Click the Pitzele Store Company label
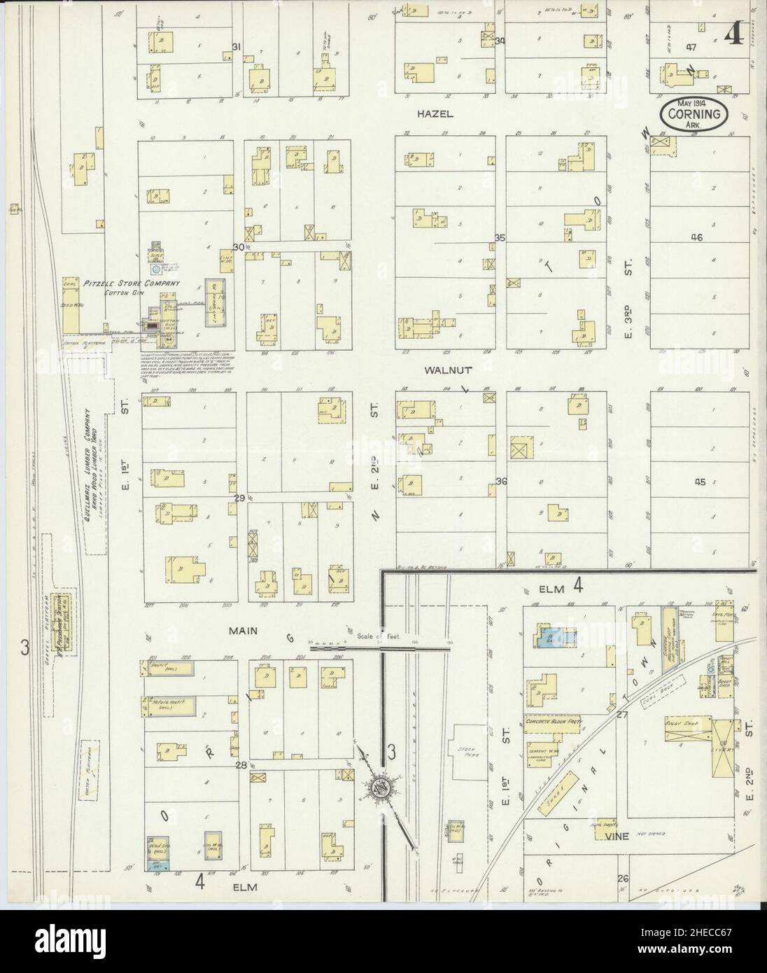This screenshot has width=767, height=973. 132,283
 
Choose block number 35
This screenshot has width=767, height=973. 500,238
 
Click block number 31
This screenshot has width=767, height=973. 237,47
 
